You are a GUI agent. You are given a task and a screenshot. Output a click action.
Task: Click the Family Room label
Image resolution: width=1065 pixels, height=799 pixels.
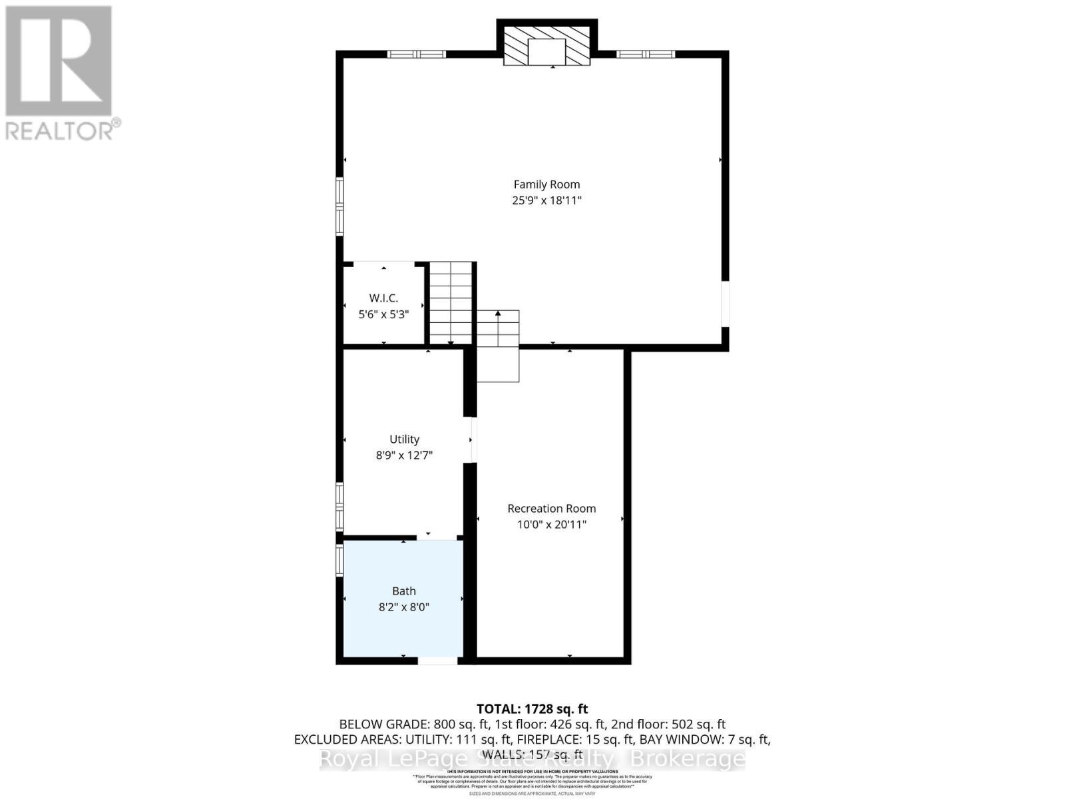[546, 184]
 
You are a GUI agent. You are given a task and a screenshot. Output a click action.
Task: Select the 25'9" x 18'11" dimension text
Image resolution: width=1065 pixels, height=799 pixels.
[546, 200]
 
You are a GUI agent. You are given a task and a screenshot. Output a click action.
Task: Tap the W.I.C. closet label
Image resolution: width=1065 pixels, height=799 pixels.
[383, 298]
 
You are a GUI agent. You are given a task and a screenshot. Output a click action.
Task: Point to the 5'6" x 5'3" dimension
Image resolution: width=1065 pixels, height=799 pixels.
[383, 314]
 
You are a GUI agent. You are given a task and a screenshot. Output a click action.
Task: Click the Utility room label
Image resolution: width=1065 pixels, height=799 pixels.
[404, 439]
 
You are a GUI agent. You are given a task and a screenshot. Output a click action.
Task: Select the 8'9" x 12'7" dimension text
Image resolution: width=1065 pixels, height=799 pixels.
[404, 455]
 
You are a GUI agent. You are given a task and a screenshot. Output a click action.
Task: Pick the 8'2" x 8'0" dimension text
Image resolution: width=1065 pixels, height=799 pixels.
[404, 607]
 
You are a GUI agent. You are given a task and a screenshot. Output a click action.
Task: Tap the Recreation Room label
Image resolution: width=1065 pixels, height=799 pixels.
[551, 509]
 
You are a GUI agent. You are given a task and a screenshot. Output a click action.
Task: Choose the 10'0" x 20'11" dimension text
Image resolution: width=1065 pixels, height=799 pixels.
[551, 525]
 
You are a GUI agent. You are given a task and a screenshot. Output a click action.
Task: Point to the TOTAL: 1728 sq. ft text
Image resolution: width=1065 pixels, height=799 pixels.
[532, 709]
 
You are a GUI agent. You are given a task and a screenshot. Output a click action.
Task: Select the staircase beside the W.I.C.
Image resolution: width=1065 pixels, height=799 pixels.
[451, 303]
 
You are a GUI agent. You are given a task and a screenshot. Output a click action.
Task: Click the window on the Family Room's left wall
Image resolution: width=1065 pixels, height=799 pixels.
[339, 206]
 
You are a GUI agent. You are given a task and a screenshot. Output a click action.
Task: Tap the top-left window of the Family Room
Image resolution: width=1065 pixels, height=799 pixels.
[417, 55]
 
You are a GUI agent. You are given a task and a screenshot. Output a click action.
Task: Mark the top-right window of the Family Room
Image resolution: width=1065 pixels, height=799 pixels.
[645, 55]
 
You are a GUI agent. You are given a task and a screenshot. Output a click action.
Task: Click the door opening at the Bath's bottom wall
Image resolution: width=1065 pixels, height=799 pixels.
[437, 661]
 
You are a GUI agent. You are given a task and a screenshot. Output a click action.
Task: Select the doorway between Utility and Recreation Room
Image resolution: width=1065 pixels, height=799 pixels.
[473, 439]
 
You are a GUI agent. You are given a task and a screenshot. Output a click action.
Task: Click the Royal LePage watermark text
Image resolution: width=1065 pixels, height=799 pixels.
[532, 759]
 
